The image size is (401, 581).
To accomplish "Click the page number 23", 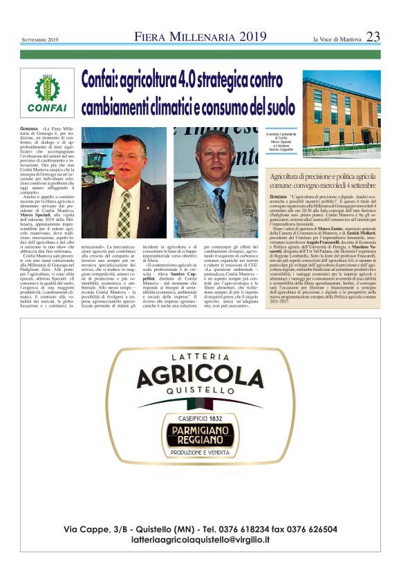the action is click(373, 37).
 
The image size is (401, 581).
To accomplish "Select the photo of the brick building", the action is click(341, 115).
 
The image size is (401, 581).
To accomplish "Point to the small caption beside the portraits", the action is click(281, 143).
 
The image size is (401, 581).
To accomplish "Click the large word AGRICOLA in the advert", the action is click(200, 377).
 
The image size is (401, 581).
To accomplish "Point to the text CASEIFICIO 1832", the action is click(200, 417).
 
